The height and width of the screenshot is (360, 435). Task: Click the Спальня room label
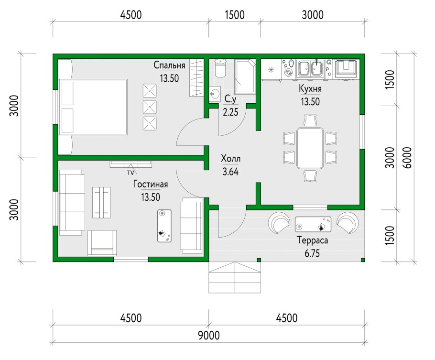tap(169, 65)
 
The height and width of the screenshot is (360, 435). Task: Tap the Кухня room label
tap(310, 89)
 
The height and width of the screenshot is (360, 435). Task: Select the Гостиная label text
tap(151, 184)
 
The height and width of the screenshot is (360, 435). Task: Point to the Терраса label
tap(312, 240)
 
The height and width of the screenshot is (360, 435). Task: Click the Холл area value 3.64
tap(230, 172)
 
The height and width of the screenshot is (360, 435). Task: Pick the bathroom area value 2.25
tap(230, 112)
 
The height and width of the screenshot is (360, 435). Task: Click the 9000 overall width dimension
tap(209, 335)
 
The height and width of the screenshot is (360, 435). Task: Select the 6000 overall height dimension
tap(407, 158)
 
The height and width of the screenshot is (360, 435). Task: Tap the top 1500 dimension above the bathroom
tap(235, 15)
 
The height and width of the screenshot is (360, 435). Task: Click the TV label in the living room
tap(130, 173)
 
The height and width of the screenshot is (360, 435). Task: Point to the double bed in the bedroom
tap(93, 107)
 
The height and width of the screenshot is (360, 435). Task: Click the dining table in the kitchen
tap(310, 148)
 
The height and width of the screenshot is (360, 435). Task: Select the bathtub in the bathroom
tap(245, 76)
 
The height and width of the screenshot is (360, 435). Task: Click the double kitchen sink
tap(310, 68)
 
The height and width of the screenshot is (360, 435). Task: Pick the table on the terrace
tap(313, 224)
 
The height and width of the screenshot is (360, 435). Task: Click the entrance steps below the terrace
tap(235, 277)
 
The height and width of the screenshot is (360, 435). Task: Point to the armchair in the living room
tap(102, 243)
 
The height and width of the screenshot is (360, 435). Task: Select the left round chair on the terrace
tap(279, 223)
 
